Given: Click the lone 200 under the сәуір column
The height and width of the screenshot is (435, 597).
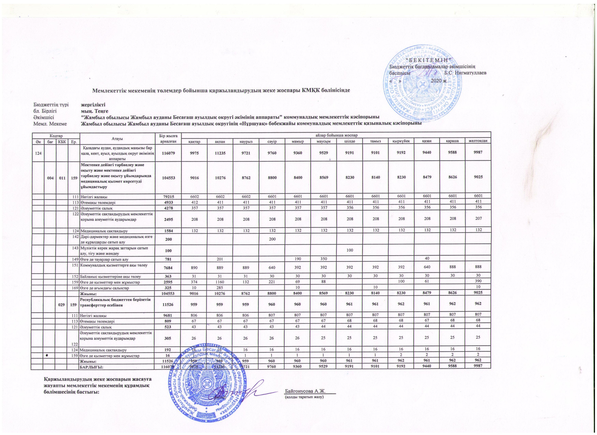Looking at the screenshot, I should tap(272, 239).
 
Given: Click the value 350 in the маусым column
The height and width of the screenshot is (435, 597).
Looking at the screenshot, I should tap(323, 259).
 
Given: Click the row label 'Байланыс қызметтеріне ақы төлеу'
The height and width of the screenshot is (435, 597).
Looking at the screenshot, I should tap(111, 277).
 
